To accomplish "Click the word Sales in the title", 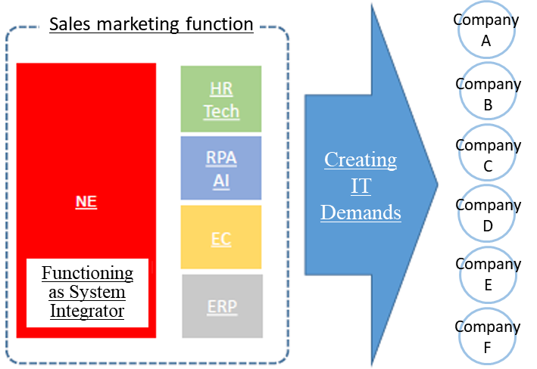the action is pyautogui.click(x=70, y=24).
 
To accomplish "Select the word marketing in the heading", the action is pyautogui.click(x=138, y=25).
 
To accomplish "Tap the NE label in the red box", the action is pyautogui.click(x=86, y=201).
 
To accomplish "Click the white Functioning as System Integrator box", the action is pyautogui.click(x=87, y=293).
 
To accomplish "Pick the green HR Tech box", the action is pyautogui.click(x=221, y=99).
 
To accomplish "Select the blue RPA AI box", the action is pyautogui.click(x=221, y=168).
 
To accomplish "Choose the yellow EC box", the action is pyautogui.click(x=221, y=237).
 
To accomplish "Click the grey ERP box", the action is pyautogui.click(x=222, y=306).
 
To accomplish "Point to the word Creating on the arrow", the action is pyautogui.click(x=361, y=160).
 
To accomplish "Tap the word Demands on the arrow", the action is pyautogui.click(x=361, y=212).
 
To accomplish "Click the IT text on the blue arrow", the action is pyautogui.click(x=361, y=186).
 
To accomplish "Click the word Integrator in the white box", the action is pyautogui.click(x=87, y=312).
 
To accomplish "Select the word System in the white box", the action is pyautogui.click(x=97, y=293).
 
